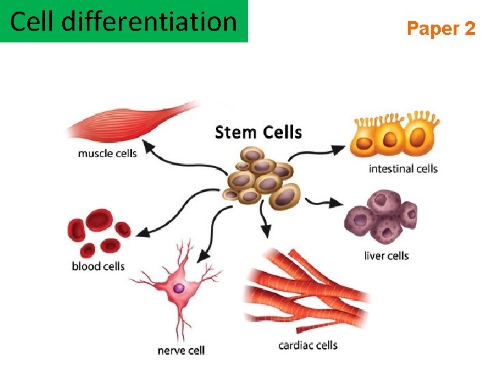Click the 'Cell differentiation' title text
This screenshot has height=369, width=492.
(123, 22)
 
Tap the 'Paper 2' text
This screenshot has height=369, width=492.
(441, 29)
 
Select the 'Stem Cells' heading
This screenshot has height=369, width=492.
(258, 132)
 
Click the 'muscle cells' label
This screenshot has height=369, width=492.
(107, 154)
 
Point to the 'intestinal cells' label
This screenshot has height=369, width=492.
(403, 168)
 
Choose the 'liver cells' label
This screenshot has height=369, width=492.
(387, 256)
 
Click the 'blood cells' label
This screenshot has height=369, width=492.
(98, 266)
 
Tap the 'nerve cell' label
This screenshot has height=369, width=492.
(181, 351)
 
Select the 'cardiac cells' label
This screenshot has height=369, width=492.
(307, 345)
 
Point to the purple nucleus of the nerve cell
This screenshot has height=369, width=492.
(179, 289)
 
